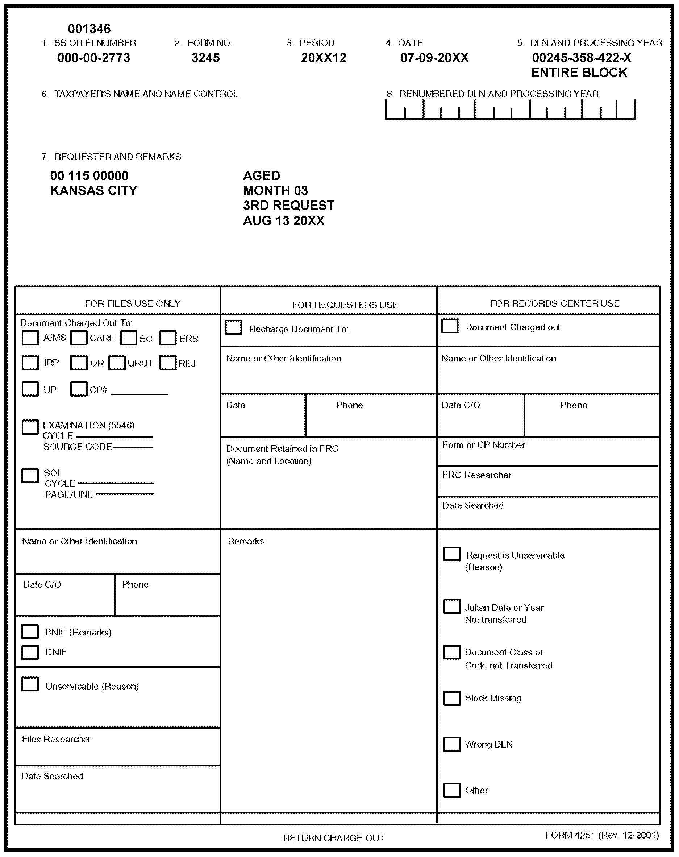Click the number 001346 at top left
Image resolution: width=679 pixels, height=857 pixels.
89,29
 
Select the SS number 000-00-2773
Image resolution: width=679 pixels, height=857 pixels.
93,58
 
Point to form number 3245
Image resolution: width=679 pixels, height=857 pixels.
205,58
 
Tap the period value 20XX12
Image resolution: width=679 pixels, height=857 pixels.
324,58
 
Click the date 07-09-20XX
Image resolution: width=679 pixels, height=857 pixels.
434,58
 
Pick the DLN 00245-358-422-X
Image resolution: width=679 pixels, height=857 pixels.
581,58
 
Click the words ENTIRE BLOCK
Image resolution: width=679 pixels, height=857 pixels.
579,73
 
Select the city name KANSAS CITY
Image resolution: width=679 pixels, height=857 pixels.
93,191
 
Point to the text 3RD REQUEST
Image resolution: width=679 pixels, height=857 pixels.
289,206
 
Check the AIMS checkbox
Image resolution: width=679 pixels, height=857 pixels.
30,338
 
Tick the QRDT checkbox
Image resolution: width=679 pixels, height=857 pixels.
117,363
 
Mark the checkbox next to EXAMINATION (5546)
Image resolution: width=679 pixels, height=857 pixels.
30,427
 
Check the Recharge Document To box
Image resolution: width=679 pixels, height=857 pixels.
233,327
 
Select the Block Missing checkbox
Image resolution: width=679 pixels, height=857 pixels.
452,699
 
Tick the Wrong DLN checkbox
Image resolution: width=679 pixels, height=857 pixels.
452,744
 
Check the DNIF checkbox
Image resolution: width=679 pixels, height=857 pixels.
30,652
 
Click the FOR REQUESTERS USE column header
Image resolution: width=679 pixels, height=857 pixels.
345,305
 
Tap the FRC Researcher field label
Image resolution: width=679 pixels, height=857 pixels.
477,475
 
